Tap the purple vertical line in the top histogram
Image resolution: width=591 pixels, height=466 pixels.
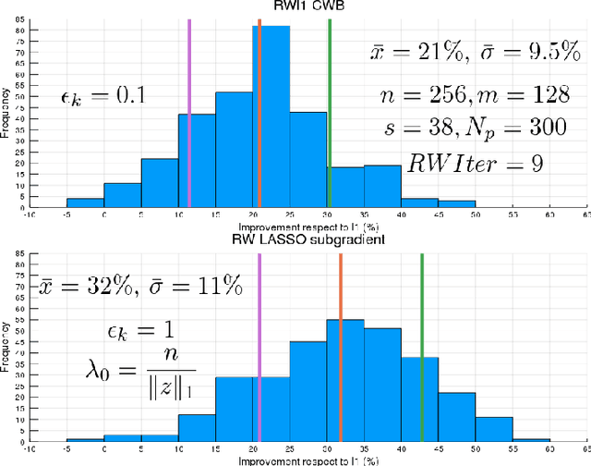[x=189, y=111]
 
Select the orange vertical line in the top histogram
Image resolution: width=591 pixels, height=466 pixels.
[x=259, y=111]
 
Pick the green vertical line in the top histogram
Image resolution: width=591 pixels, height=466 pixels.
[x=330, y=111]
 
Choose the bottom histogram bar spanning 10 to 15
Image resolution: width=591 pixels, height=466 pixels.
[x=197, y=428]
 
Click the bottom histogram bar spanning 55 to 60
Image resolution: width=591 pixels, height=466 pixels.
[x=531, y=440]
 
